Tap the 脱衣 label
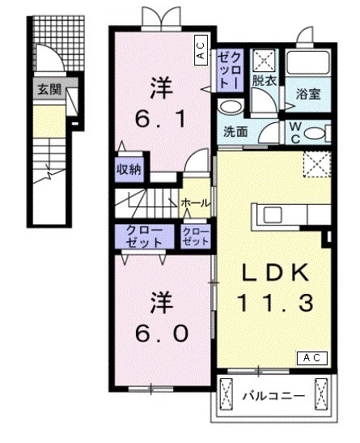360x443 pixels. pos(263,81)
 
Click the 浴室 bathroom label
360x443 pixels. pos(308,94)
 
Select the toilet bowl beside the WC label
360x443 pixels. pos(316,133)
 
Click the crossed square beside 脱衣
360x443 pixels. pos(265,59)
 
